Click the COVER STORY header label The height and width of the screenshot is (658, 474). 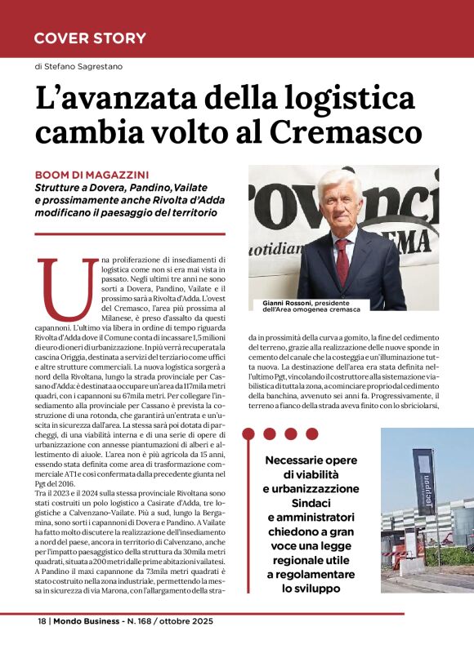coord(90,38)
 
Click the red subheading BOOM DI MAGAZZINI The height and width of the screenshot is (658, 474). coord(92,174)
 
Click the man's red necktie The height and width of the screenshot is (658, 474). coord(342,259)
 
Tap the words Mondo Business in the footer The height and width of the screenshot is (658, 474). coord(86,621)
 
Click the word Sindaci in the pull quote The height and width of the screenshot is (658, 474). coord(310,502)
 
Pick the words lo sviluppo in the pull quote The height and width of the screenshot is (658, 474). coord(310,588)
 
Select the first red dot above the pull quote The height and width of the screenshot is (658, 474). coord(269,433)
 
